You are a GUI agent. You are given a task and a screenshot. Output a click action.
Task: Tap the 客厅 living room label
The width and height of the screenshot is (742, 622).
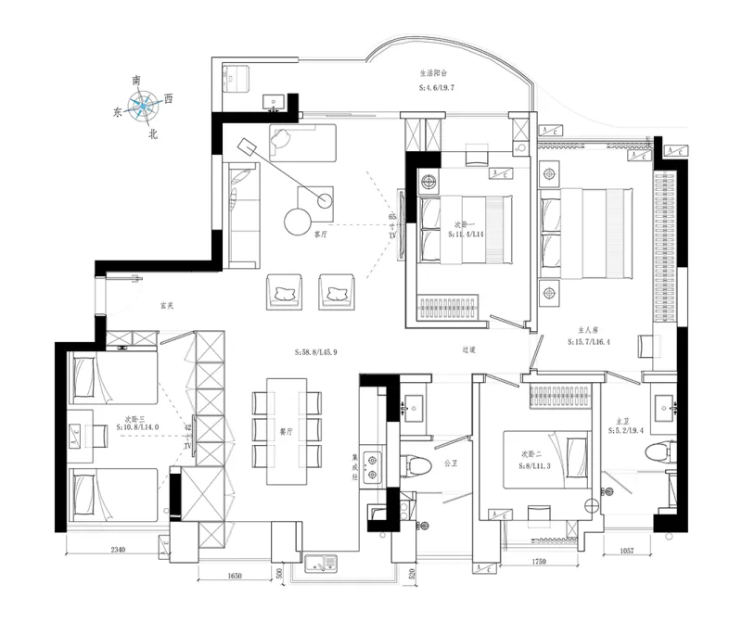(323, 235)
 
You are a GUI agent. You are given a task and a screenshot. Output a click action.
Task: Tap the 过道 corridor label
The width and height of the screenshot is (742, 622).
(468, 349)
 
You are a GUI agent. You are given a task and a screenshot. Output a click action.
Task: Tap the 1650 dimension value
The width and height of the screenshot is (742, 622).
(235, 576)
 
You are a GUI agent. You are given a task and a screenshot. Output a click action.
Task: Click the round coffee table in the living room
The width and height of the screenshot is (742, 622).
(300, 221)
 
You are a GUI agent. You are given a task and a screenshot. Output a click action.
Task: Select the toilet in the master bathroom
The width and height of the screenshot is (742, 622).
(660, 451)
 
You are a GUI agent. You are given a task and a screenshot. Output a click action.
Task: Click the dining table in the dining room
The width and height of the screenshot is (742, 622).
(286, 431)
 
